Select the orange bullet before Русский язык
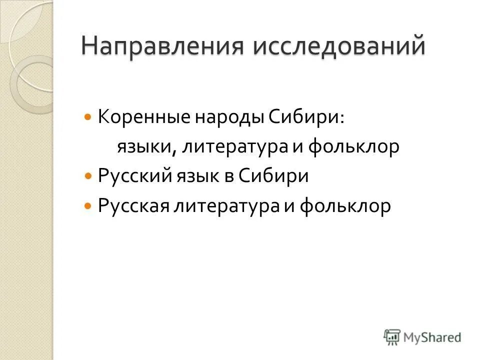click(88, 176)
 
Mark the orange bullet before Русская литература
click(88, 206)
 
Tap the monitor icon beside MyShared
click(393, 337)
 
